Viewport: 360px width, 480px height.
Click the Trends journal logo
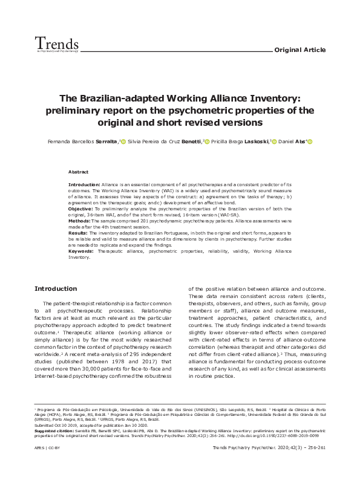pyautogui.click(x=56, y=44)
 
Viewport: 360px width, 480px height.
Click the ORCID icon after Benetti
pyautogui.click(x=206, y=141)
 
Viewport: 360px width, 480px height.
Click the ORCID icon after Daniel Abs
pyautogui.click(x=310, y=141)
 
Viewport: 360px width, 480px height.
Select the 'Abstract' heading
pyautogui.click(x=79, y=172)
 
